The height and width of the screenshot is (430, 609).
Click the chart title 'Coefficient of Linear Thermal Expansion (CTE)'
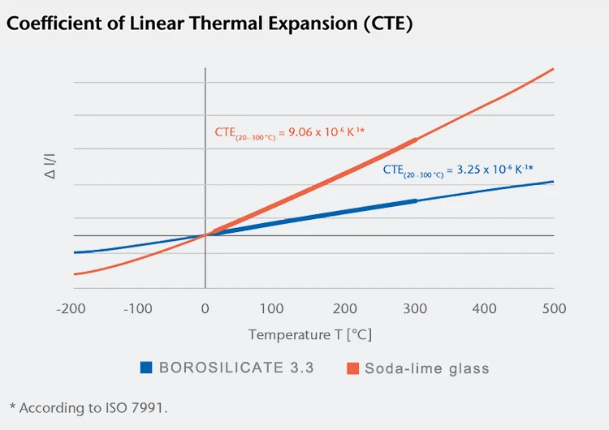[x=209, y=24]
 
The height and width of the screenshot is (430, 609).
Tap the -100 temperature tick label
[x=138, y=308]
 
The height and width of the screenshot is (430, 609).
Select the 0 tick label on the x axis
[x=205, y=308]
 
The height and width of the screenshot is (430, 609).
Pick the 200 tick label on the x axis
[x=345, y=308]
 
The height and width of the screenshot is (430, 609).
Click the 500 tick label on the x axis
[x=554, y=308]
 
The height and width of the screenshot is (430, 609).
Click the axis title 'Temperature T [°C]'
[x=309, y=334]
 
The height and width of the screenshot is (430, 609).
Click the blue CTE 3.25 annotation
[x=457, y=170]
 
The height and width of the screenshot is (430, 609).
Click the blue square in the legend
[x=145, y=368]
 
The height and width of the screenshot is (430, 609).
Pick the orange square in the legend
[x=352, y=368]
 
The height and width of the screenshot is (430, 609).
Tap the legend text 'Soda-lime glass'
[x=427, y=368]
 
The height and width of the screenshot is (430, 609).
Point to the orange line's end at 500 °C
[x=554, y=68]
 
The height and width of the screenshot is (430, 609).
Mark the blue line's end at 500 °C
[x=554, y=182]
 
